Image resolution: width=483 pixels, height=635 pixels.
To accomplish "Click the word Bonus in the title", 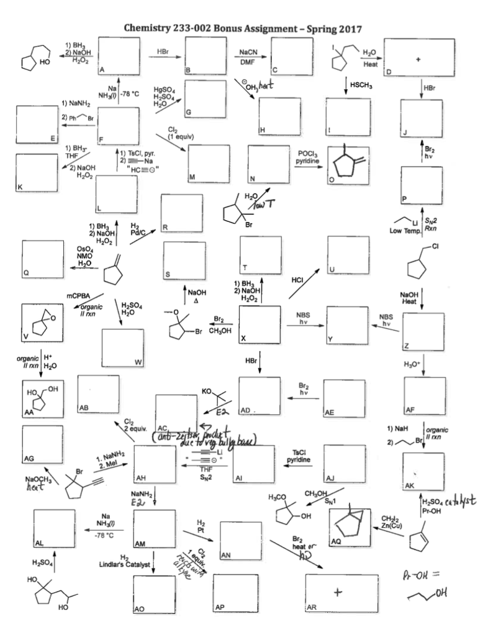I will (229, 29).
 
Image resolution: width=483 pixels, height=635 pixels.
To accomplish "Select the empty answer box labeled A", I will (119, 56).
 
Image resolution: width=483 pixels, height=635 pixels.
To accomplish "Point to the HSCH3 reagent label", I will (361, 85).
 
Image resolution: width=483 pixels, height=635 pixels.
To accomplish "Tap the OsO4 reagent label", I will (76, 249).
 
